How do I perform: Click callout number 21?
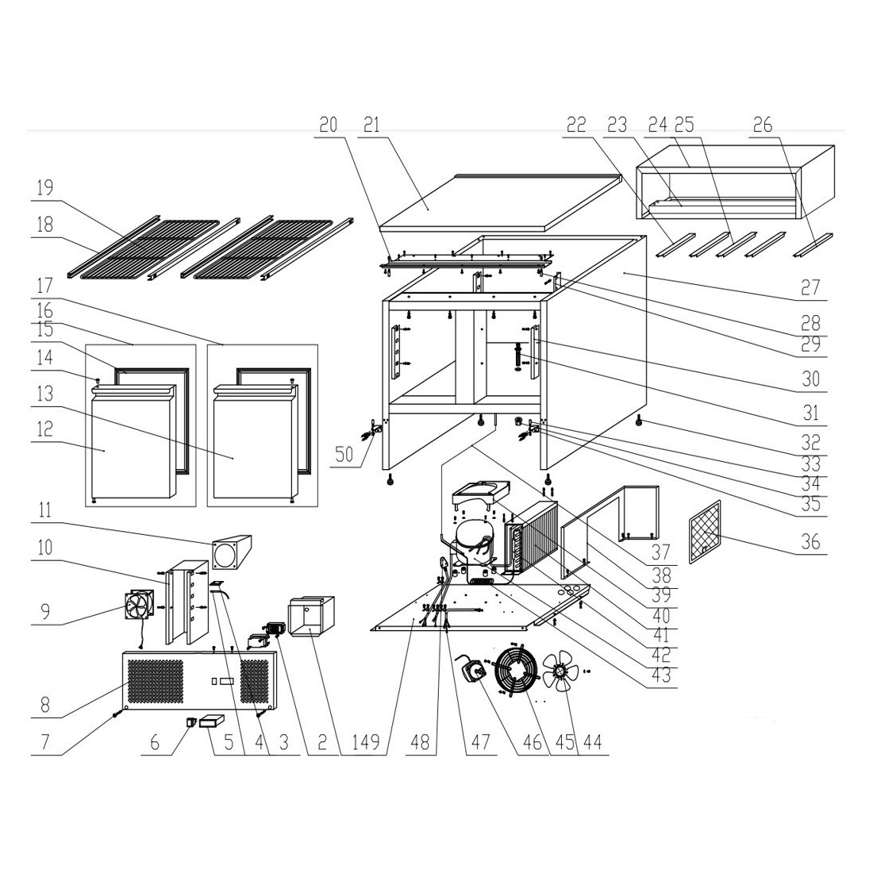coord(371,124)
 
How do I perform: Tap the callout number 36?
coord(810,541)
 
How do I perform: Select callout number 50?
coord(344,454)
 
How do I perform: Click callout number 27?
coord(810,288)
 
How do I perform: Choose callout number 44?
coord(592,742)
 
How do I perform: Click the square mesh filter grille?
coord(705,532)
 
